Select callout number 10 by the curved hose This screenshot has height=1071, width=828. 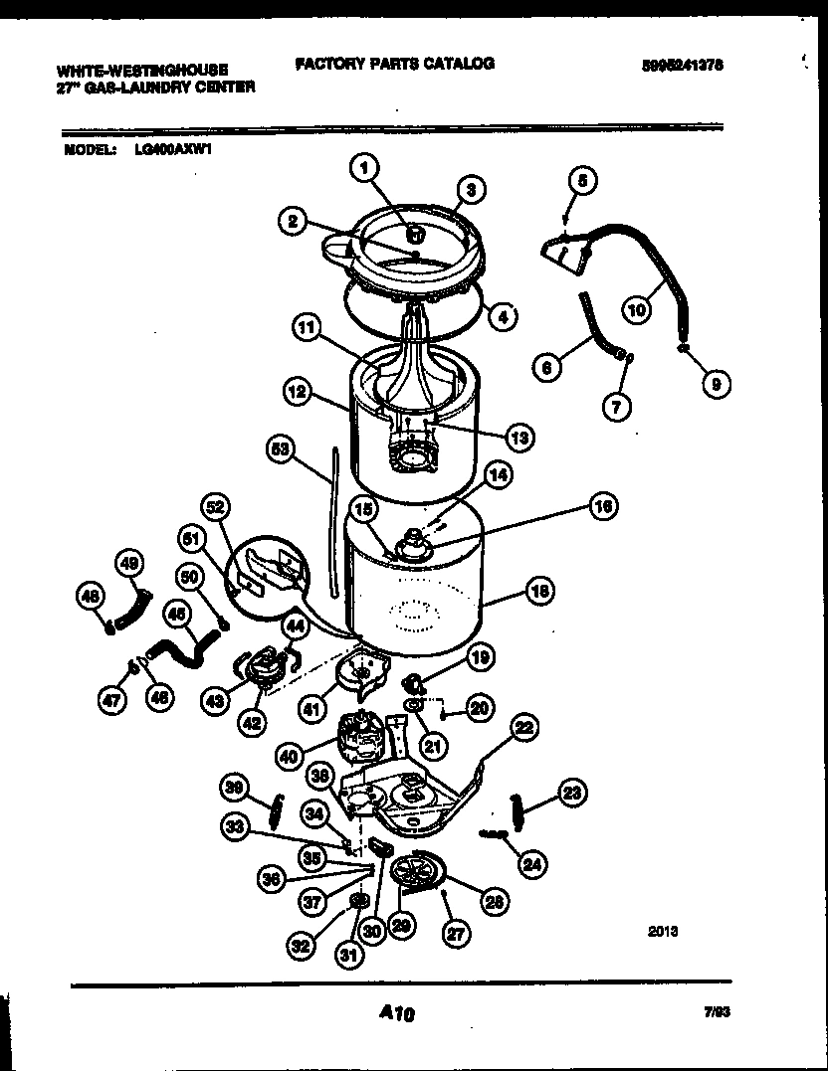635,309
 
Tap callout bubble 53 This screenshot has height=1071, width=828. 283,449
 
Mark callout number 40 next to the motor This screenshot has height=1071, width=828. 290,756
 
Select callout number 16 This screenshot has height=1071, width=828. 601,507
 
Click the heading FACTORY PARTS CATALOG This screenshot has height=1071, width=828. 394,64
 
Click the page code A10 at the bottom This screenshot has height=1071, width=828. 396,1014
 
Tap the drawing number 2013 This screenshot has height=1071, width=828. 663,931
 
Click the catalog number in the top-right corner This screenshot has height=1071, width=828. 682,64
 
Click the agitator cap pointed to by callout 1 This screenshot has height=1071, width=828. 418,235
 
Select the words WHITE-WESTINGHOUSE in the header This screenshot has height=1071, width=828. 142,71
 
